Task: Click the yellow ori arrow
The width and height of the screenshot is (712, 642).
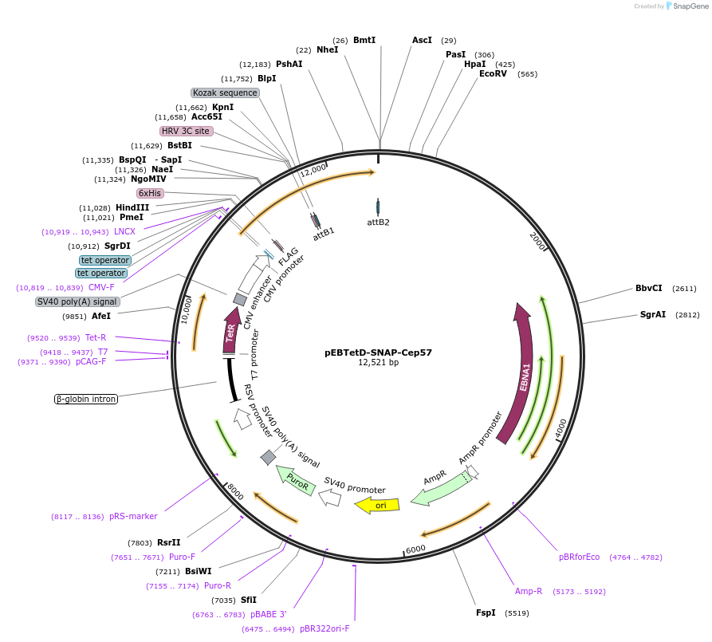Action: (377, 505)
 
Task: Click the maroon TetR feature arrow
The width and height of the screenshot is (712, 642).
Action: (231, 330)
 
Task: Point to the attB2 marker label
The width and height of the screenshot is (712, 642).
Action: (378, 223)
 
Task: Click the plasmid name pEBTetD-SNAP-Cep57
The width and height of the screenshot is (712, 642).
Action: (378, 353)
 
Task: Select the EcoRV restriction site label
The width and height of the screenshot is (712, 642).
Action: (493, 73)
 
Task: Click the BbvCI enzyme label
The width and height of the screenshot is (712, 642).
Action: (648, 288)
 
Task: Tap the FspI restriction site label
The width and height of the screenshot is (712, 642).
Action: (486, 612)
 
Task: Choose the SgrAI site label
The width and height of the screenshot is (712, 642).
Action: (652, 314)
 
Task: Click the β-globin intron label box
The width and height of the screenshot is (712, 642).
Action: (86, 399)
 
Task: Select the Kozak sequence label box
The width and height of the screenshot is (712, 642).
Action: (225, 93)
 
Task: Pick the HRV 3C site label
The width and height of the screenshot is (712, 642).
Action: (187, 131)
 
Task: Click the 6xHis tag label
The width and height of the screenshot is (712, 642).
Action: (150, 193)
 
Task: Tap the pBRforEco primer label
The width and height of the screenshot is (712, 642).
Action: (579, 557)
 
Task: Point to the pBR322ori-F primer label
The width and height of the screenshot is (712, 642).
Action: (325, 628)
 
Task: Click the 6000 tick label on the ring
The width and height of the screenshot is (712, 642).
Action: (415, 549)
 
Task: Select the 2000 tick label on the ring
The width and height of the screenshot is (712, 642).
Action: (537, 240)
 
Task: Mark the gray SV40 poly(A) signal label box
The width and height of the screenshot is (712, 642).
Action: (77, 301)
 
